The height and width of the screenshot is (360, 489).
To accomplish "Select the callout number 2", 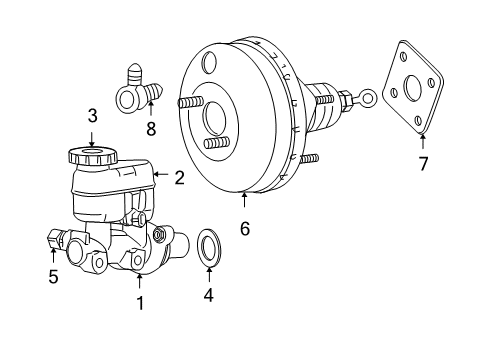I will pyautogui.click(x=179, y=179).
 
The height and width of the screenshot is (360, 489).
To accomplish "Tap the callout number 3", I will pyautogui.click(x=91, y=116).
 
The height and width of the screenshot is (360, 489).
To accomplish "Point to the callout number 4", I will pyautogui.click(x=208, y=295).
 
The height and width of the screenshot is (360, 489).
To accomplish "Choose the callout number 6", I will pyautogui.click(x=244, y=229).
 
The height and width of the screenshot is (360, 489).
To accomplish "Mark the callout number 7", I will pyautogui.click(x=422, y=161).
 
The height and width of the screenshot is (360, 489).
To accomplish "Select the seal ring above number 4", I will pyautogui.click(x=209, y=247).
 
